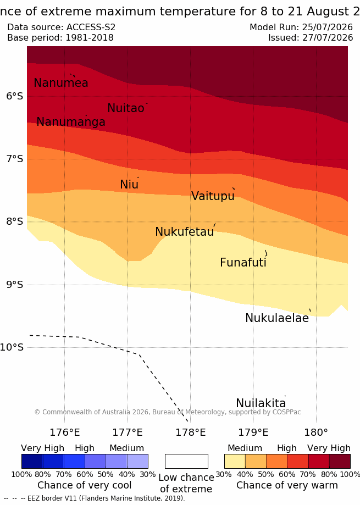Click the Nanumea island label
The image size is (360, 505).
pyautogui.click(x=61, y=83)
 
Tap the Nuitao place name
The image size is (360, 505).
pyautogui.click(x=126, y=108)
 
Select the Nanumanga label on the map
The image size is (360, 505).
pyautogui.click(x=71, y=122)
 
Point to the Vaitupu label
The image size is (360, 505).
pyautogui.click(x=213, y=196)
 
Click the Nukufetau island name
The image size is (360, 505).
pyautogui.click(x=185, y=231)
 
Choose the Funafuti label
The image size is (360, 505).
pyautogui.click(x=243, y=262)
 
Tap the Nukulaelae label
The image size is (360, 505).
pyautogui.click(x=277, y=318)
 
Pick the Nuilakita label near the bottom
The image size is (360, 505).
pyautogui.click(x=261, y=403)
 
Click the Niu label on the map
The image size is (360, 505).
pyautogui.click(x=129, y=184)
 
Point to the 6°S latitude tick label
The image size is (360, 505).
pyautogui.click(x=15, y=96)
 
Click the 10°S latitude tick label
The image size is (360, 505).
pyautogui.click(x=12, y=347)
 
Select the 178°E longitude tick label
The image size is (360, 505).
pyautogui.click(x=190, y=432)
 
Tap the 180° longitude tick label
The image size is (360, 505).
pyautogui.click(x=316, y=432)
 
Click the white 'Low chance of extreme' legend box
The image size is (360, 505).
pyautogui.click(x=186, y=461)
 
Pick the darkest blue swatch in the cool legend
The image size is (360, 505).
pyautogui.click(x=32, y=461)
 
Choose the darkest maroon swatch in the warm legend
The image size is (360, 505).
pyautogui.click(x=340, y=461)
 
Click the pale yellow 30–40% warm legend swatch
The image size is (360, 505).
pyautogui.click(x=235, y=461)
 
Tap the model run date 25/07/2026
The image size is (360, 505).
pyautogui.click(x=328, y=27)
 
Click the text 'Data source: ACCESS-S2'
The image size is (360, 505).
pyautogui.click(x=61, y=27)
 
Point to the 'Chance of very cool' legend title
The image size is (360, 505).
pyautogui.click(x=84, y=485)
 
